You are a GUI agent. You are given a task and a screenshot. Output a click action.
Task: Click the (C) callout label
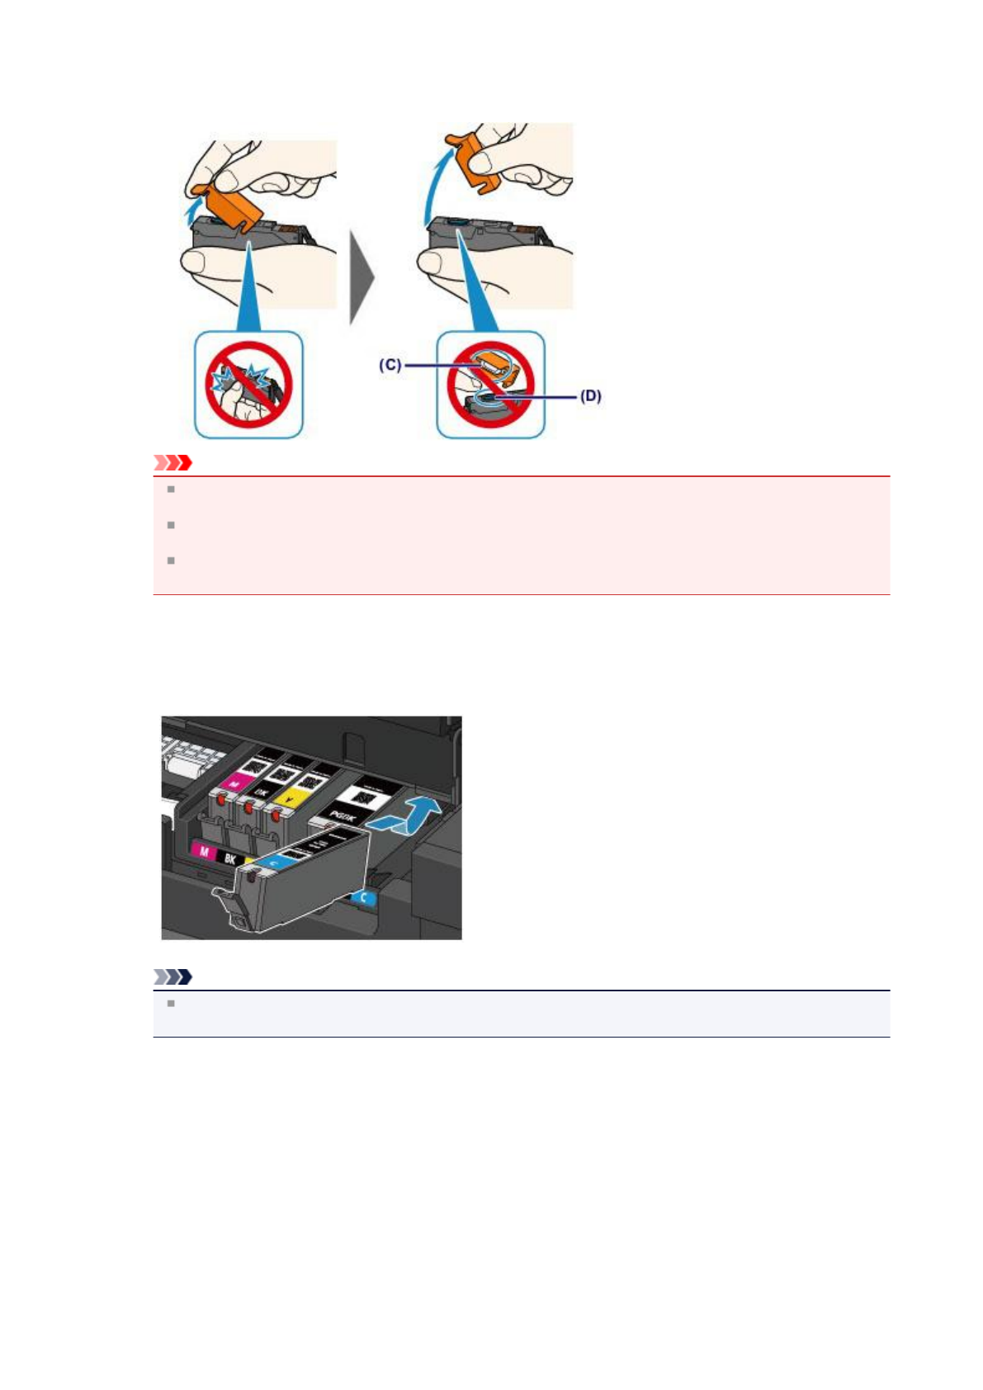pos(390,364)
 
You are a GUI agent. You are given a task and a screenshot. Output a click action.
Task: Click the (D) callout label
pos(590,396)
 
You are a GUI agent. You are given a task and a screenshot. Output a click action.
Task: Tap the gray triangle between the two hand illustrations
pos(362,277)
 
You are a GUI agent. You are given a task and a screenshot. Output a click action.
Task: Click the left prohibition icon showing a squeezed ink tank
pos(248,385)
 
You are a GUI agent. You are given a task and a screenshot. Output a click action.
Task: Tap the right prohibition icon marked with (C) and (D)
pos(490,385)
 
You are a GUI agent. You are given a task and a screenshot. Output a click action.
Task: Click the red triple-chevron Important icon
pos(172,462)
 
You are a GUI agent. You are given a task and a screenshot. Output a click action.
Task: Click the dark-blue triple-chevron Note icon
pos(172,976)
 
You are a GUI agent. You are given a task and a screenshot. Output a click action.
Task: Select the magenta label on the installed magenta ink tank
pos(236,781)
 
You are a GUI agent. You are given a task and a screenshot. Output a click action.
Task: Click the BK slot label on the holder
pos(230,859)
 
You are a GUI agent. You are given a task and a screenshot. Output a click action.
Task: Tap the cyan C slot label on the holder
pos(363,897)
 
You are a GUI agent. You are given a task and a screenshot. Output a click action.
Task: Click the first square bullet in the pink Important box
pos(171,489)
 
